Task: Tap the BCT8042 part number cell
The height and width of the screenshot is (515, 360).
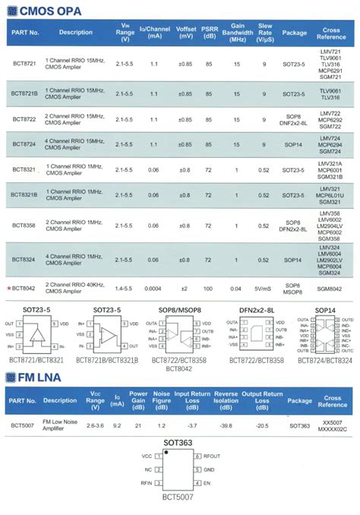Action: click(26, 288)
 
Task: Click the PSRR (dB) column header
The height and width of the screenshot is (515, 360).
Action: click(209, 33)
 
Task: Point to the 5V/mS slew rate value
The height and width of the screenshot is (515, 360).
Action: click(264, 288)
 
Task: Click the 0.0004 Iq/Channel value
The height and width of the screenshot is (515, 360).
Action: click(154, 288)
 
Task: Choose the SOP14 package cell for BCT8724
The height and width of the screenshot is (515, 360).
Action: click(295, 145)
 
